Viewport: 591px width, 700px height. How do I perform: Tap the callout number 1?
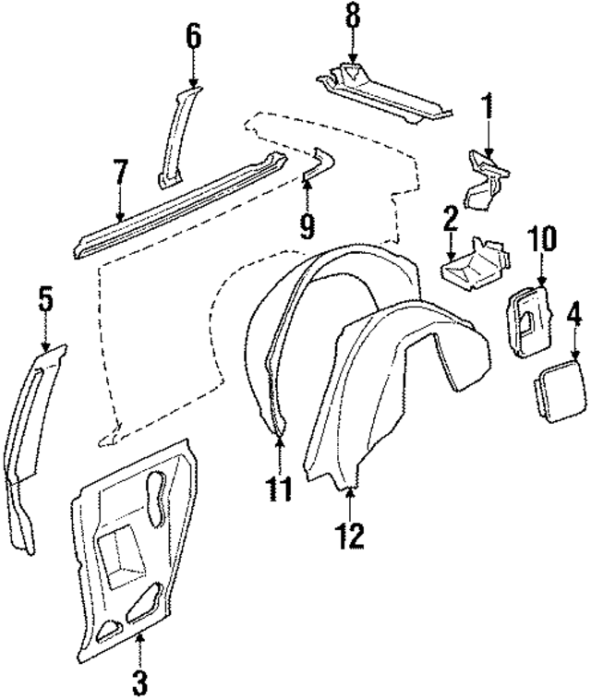[x=487, y=108]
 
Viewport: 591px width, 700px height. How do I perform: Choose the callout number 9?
[x=308, y=223]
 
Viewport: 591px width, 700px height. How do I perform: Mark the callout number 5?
[x=45, y=300]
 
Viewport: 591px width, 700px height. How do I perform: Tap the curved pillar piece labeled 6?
[x=176, y=129]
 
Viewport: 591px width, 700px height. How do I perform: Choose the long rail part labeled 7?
[x=175, y=198]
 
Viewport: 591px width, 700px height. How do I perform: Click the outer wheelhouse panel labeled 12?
[x=388, y=388]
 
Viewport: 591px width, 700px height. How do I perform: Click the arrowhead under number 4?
[x=573, y=356]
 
